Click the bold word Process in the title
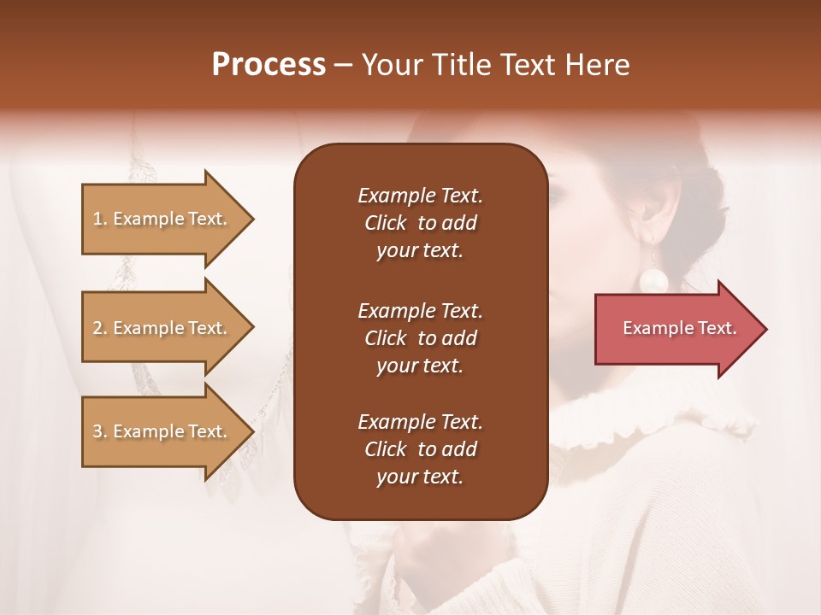269,65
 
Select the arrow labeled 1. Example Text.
162,219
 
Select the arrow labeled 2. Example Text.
162,328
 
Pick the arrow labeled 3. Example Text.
162,431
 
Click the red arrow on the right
676,329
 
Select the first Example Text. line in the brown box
420,196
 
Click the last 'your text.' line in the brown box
420,477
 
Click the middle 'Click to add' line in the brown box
420,338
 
